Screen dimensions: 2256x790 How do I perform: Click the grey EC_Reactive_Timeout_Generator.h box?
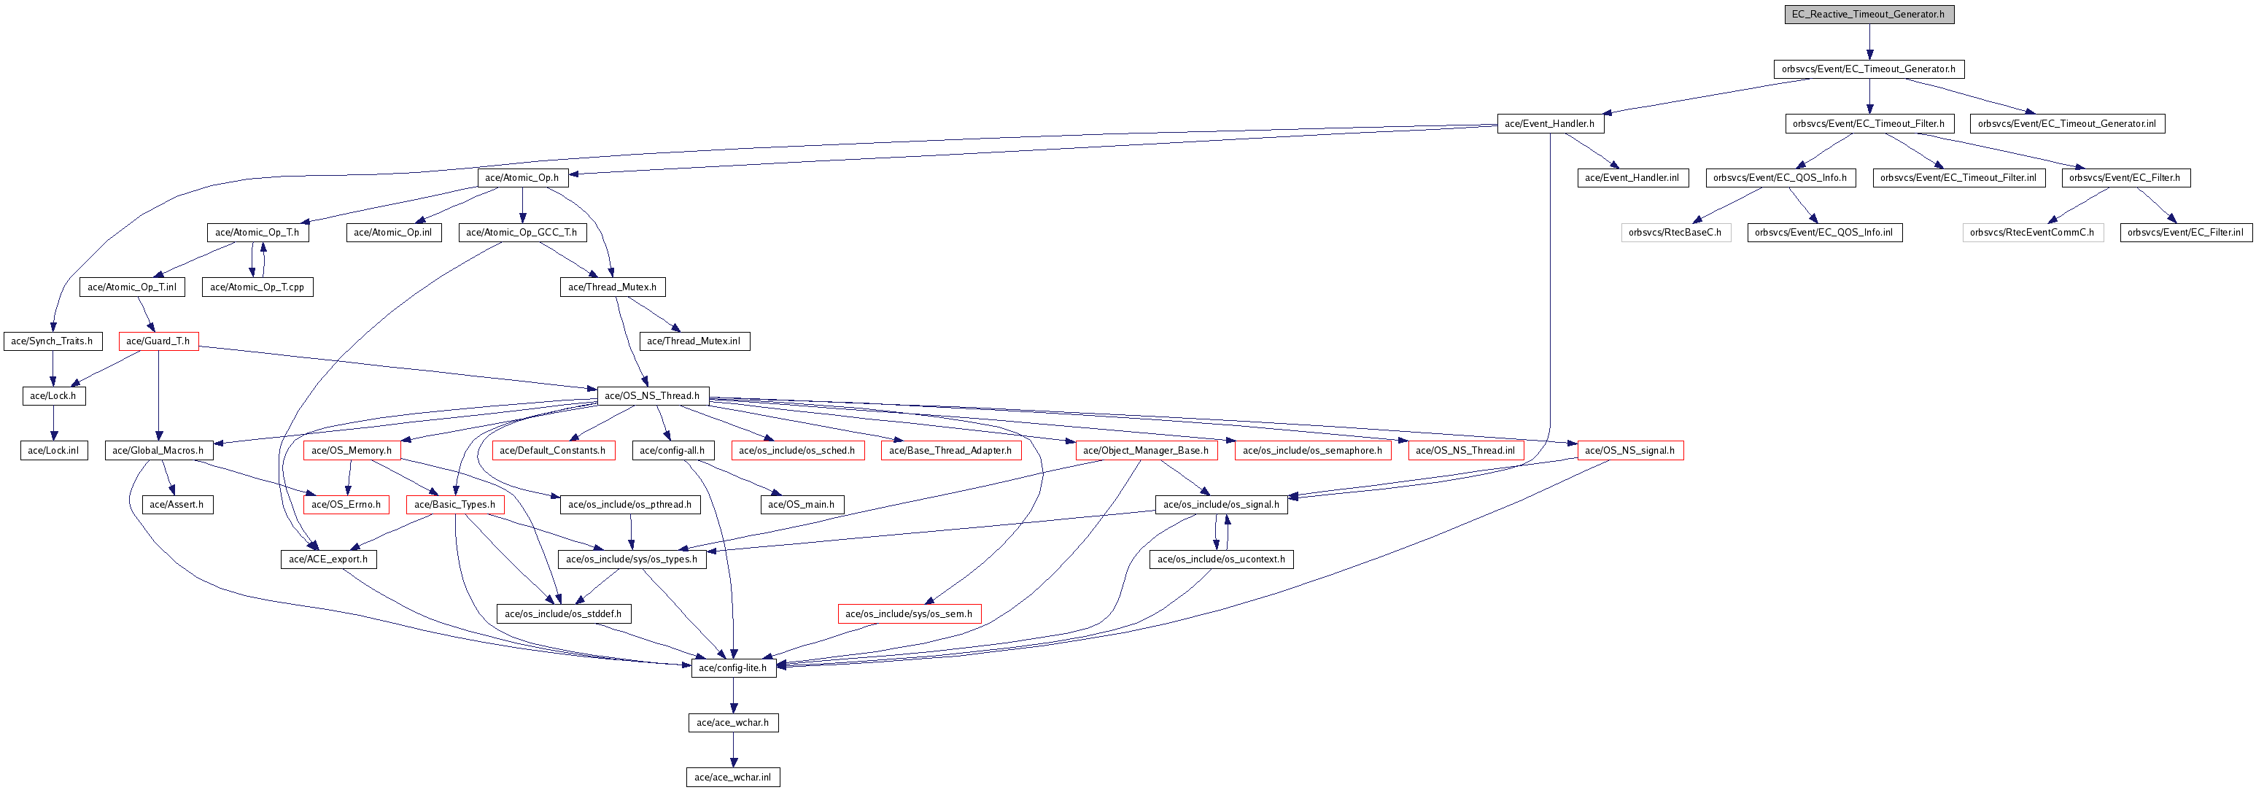pos(1869,14)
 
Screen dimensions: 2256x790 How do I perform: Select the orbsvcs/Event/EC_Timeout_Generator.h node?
pos(1868,69)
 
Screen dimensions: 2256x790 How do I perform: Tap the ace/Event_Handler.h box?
pos(1549,123)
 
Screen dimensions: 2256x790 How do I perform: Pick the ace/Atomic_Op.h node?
pos(522,178)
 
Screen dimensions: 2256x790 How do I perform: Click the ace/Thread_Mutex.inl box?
pos(694,341)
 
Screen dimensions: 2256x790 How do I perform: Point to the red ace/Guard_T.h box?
pos(158,341)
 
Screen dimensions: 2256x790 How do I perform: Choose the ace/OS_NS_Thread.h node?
pos(653,396)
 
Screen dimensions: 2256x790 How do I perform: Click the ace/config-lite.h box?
pos(733,668)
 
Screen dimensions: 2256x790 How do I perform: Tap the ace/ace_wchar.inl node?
pos(733,777)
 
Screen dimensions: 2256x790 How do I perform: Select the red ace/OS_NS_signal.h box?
pos(1630,450)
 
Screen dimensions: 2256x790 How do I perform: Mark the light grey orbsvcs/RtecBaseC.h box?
pos(1675,232)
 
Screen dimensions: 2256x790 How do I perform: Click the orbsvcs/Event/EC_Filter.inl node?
pos(2185,232)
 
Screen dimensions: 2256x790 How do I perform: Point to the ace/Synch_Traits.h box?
pos(53,341)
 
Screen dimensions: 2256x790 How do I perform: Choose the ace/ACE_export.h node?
pos(328,559)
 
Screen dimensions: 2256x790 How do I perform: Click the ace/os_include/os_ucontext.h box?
pos(1221,559)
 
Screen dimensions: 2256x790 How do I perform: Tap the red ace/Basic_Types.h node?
pos(455,505)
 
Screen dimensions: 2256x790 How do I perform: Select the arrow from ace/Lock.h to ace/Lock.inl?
pos(53,423)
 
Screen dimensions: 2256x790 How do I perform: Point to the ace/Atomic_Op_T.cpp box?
pos(257,287)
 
